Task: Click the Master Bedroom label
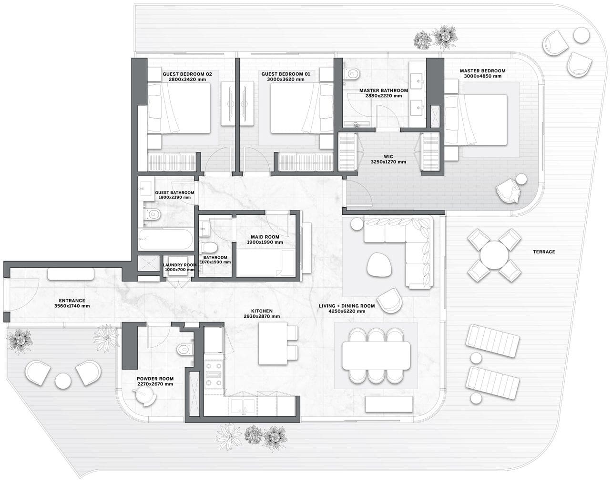click(483, 71)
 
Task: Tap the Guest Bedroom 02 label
click(187, 74)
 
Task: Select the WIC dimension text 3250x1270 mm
click(388, 162)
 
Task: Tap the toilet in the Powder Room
click(185, 349)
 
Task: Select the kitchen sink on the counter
click(243, 406)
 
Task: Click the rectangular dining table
click(376, 355)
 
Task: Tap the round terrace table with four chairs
click(494, 255)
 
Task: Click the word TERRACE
click(544, 252)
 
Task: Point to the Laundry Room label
click(179, 265)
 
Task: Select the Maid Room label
click(265, 237)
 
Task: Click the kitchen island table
click(273, 343)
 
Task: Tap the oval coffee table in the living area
click(379, 265)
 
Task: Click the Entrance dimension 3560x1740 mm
click(72, 306)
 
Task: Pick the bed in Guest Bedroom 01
click(301, 108)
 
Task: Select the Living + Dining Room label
click(347, 306)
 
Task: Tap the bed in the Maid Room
click(265, 262)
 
